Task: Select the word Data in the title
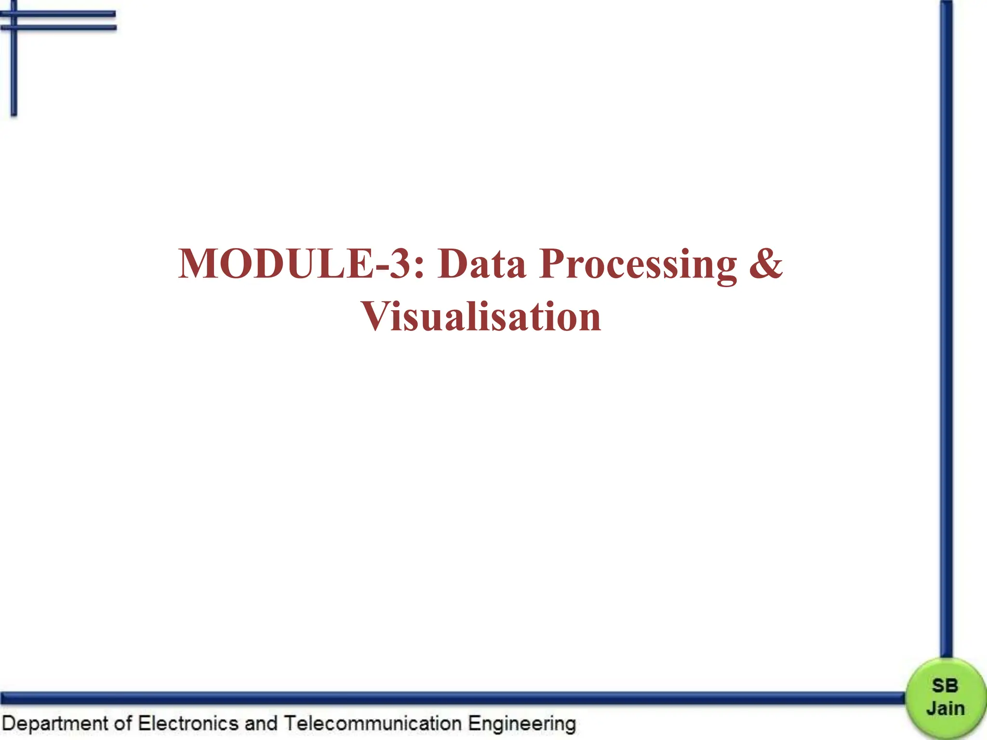(x=481, y=264)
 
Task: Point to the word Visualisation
(x=481, y=317)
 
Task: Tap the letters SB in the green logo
(x=945, y=686)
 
